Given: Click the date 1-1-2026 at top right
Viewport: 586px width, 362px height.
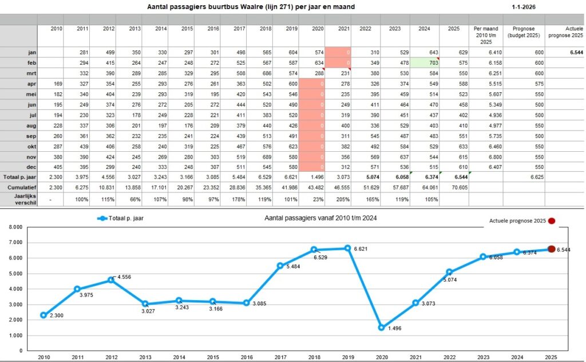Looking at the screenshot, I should click(x=524, y=7).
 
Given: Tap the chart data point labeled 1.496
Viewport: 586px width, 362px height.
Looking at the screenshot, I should click(x=381, y=328).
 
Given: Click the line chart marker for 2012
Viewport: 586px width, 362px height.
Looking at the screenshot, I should click(x=111, y=280).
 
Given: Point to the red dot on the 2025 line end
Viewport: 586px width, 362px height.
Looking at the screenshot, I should click(x=552, y=249).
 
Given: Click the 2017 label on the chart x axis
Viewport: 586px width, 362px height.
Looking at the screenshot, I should click(x=280, y=356).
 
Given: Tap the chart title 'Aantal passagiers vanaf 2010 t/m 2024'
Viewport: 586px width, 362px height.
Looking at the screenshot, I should click(x=321, y=218).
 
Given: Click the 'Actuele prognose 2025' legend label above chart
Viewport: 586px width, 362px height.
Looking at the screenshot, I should click(x=517, y=220).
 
